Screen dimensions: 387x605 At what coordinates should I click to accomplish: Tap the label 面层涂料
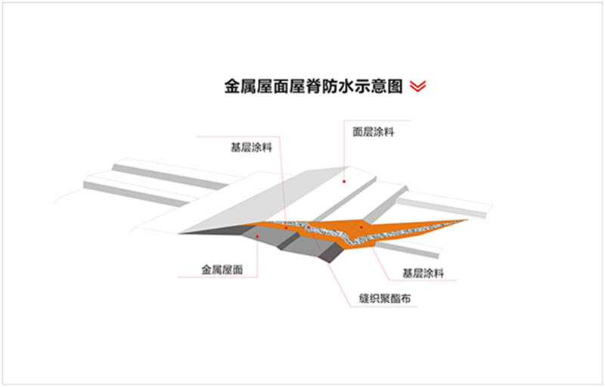(374, 132)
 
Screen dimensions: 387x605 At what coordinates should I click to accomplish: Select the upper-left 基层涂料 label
(250, 148)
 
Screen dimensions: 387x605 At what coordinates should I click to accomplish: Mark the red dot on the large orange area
(362, 226)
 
